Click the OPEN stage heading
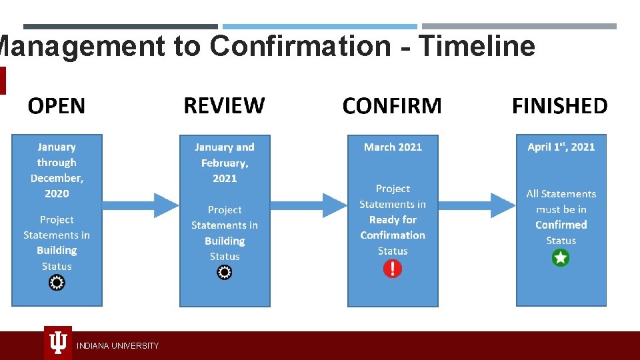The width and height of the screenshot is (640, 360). pos(57,106)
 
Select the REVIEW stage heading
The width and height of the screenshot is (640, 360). pos(224,105)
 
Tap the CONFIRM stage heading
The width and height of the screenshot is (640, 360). pos(392,106)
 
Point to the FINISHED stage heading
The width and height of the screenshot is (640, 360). pos(560,106)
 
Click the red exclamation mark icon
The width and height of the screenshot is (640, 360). pos(393,269)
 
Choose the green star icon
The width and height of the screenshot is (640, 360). pos(561,258)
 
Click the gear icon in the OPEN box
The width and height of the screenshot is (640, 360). pos(57,283)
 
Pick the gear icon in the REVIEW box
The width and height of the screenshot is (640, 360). pos(225,272)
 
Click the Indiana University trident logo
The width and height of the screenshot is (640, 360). pos(58,343)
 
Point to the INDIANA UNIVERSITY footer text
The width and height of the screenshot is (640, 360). pos(117,346)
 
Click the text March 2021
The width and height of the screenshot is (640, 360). pos(393,147)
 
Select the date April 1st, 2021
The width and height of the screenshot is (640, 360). pos(561,147)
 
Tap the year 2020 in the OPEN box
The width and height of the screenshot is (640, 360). pos(57,193)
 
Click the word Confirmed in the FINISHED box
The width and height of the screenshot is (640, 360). pos(561,225)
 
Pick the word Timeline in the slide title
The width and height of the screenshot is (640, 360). pos(477,46)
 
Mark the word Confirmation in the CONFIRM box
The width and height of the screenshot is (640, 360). pos(393,235)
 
